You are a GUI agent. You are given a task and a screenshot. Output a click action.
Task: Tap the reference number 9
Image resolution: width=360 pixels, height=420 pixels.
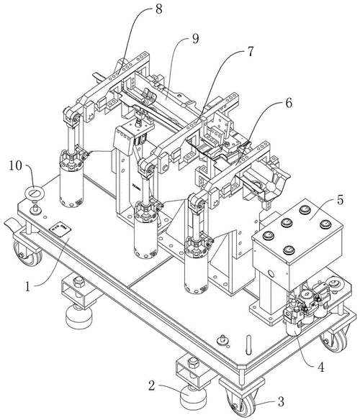[x=195, y=39]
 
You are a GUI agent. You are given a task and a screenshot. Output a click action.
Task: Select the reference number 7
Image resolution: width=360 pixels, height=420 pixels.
[x=250, y=52]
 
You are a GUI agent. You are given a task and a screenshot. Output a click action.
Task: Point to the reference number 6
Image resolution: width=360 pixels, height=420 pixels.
[x=289, y=103]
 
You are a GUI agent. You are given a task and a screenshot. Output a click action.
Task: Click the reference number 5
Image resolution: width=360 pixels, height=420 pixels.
[x=340, y=201]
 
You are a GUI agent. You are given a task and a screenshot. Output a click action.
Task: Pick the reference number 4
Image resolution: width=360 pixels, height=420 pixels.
[x=320, y=367]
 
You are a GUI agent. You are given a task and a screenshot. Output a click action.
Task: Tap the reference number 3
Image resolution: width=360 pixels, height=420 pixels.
[x=281, y=401]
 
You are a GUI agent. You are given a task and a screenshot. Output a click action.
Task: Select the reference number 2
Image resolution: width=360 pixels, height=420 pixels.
[x=152, y=386]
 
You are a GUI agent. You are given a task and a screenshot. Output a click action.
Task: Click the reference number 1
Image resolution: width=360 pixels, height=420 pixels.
[x=27, y=287]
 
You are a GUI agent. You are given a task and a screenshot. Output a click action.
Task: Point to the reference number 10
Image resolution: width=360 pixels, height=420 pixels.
[x=16, y=166]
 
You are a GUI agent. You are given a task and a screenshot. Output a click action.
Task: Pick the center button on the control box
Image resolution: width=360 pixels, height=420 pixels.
[x=287, y=222]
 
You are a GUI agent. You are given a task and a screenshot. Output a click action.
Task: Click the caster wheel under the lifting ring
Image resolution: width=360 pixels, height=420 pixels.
[x=27, y=252]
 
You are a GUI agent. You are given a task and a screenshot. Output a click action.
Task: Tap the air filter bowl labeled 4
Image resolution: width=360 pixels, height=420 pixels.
[x=294, y=329]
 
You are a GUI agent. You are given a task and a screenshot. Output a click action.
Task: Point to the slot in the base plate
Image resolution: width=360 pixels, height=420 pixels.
[x=248, y=344]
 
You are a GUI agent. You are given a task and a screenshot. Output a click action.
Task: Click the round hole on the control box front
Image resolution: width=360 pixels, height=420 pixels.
[x=270, y=274]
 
